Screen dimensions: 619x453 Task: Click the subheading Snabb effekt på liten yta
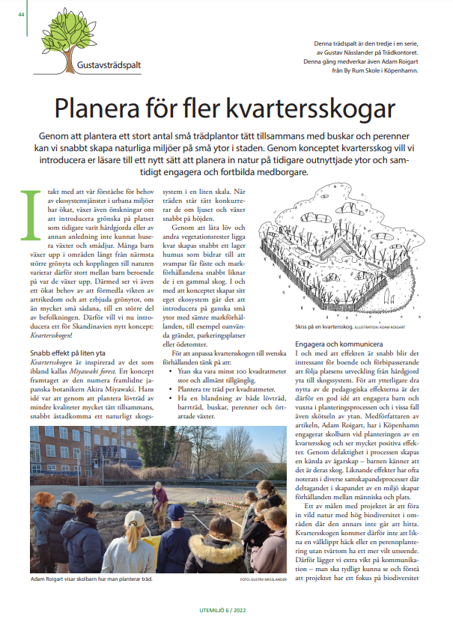coord(72,332)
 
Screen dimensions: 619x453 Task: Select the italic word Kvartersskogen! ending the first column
coord(58,315)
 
